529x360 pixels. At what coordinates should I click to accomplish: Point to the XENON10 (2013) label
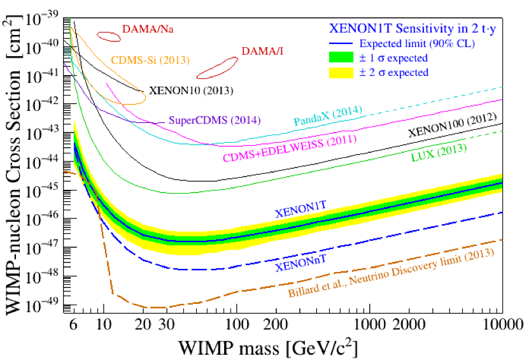pyautogui.click(x=191, y=90)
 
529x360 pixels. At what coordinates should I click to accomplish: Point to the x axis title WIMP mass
pyautogui.click(x=266, y=349)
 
